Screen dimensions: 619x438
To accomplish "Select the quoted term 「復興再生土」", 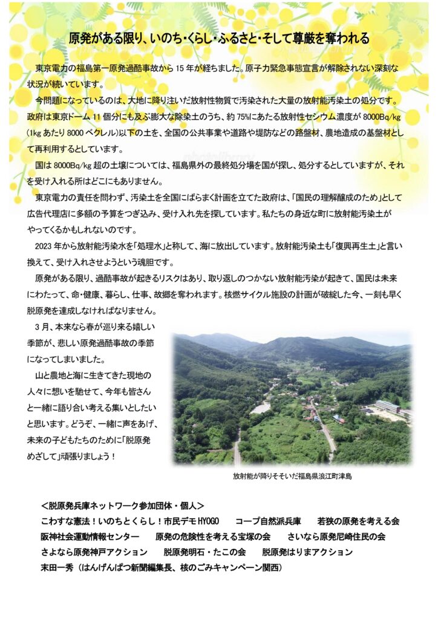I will coord(345,246).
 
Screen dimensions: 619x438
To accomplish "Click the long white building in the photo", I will coord(387,407).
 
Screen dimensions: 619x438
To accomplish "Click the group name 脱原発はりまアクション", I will coord(307,552).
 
